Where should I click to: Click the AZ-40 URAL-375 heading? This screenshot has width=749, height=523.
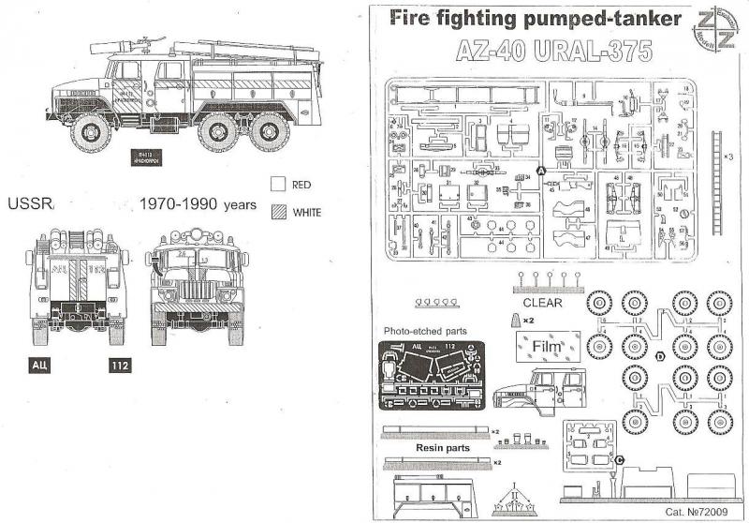click(554, 52)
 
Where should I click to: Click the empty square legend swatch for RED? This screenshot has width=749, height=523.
click(277, 184)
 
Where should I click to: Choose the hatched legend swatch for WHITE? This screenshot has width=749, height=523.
click(277, 212)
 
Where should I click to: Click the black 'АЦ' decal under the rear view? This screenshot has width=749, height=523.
click(42, 364)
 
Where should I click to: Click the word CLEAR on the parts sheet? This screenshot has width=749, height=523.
click(543, 303)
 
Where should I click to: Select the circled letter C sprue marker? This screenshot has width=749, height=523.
click(620, 459)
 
